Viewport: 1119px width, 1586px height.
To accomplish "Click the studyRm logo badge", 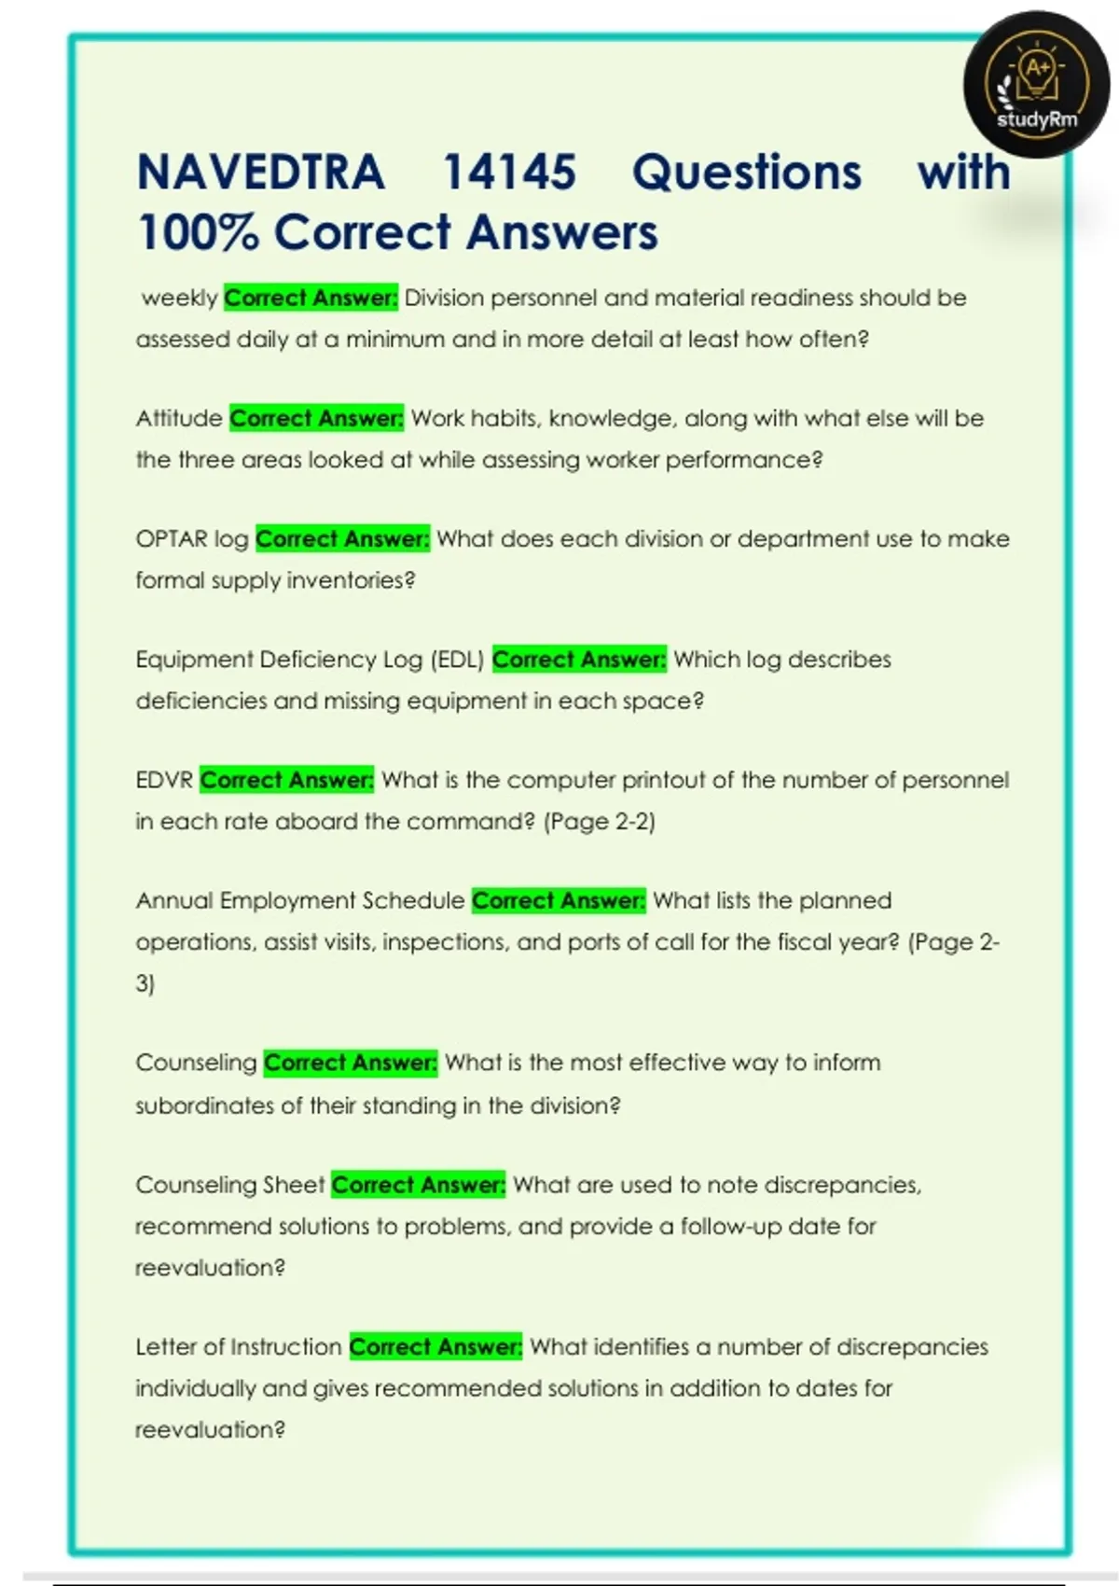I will (1036, 85).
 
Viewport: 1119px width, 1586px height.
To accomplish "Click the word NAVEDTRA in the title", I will (260, 173).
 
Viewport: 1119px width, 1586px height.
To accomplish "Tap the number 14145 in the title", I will (509, 173).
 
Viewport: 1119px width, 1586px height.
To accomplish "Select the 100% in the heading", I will (197, 232).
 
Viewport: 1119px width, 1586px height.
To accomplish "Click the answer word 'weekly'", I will (179, 299).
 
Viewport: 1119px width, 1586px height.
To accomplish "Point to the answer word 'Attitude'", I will (179, 419).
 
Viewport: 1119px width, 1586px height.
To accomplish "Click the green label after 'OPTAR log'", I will (342, 539).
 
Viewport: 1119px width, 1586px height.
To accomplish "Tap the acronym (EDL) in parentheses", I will (457, 660).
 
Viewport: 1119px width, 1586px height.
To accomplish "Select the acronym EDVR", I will (164, 780).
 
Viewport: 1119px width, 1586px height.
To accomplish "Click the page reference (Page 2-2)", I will (600, 822).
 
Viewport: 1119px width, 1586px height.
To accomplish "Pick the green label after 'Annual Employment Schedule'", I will (558, 900).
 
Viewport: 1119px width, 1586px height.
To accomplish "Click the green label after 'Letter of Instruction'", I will (435, 1347).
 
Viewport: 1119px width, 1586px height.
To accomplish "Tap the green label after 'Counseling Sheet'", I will (418, 1185).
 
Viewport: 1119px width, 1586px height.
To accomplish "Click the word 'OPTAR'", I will (172, 539).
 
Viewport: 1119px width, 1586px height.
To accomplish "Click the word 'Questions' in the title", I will (747, 173).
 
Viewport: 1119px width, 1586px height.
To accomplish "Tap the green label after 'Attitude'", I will (316, 419).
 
